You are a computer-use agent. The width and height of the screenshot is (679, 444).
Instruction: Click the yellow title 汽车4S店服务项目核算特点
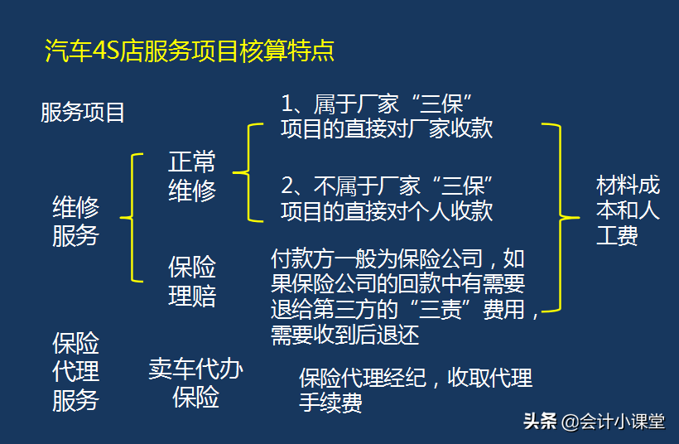pos(190,51)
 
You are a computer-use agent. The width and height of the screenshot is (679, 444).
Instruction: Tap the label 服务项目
pos(83,112)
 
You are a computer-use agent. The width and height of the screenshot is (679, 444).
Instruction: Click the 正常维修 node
pos(192,176)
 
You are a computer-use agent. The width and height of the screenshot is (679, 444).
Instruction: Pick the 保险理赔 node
pos(192,282)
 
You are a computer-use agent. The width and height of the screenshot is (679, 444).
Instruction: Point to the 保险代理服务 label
pos(75,372)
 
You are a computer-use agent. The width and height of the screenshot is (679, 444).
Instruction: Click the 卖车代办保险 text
pos(195,382)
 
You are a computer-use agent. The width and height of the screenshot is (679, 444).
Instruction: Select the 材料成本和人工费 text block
pos(628,210)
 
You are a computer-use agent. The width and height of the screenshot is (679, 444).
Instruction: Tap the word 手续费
pos(330,403)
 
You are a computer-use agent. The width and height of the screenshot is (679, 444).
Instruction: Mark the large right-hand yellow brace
pos(559,218)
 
